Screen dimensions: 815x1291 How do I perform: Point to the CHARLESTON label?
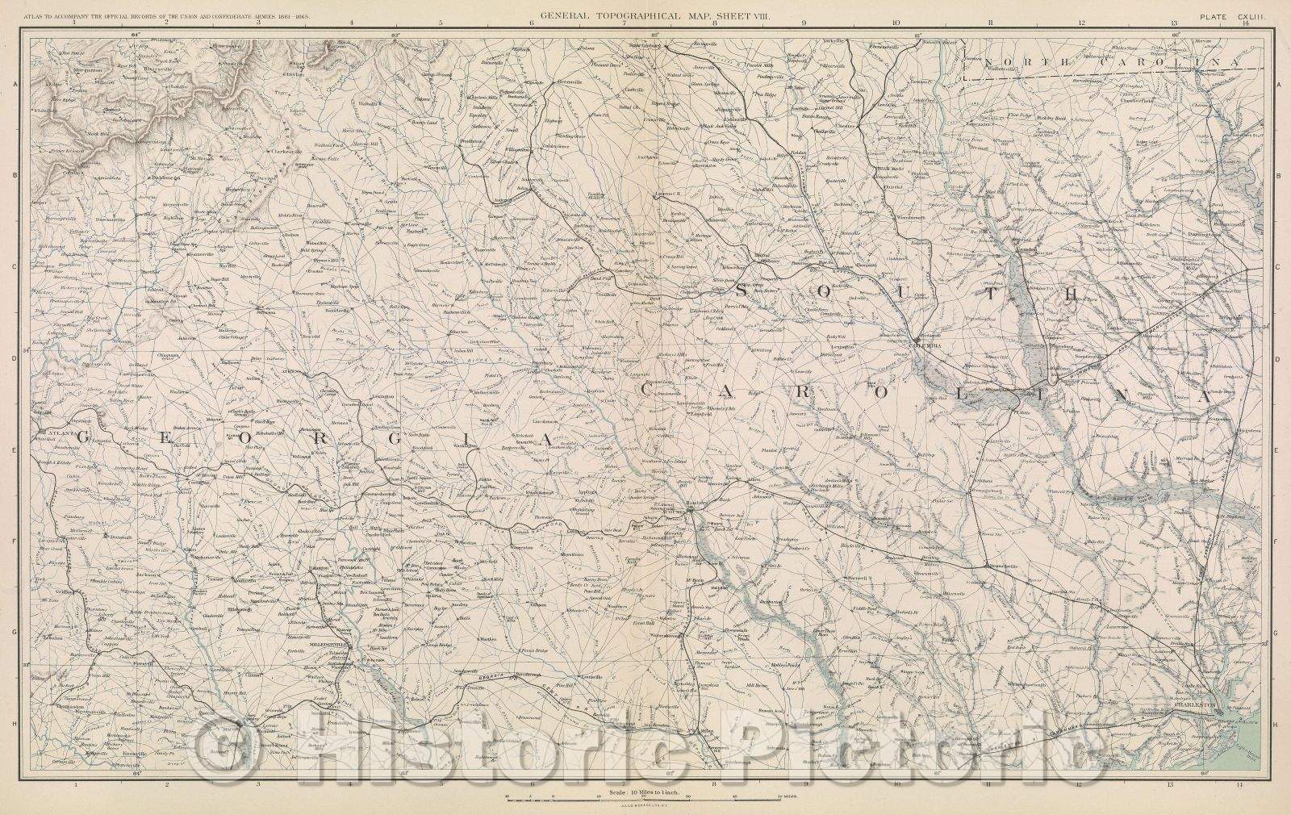tap(1192, 704)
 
